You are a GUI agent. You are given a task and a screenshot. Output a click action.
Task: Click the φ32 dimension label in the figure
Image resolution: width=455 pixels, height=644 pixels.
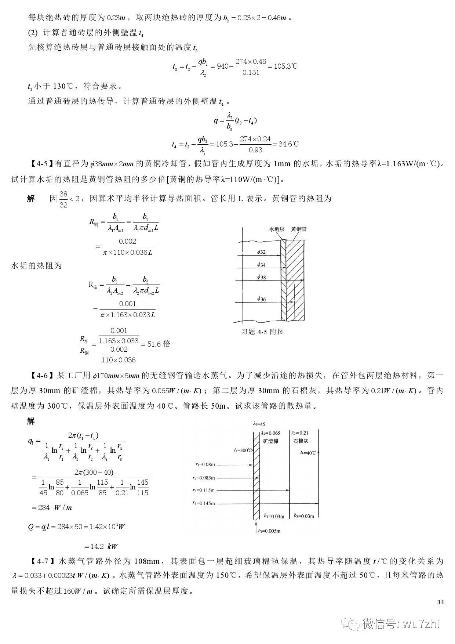(261, 252)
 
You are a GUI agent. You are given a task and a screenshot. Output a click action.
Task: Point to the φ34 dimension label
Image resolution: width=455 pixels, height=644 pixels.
(261, 265)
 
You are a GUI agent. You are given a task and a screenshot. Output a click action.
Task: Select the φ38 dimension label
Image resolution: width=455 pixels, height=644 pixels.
(261, 277)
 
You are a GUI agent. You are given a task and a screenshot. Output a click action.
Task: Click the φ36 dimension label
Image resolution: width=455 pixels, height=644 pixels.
(261, 299)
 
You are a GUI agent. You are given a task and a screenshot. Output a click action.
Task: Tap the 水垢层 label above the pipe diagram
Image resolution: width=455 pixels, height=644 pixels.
(277, 229)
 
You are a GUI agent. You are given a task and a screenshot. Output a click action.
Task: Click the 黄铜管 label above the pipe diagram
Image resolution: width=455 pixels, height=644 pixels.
(299, 229)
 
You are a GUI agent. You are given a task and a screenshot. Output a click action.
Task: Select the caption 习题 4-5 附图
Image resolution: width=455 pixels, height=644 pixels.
(262, 332)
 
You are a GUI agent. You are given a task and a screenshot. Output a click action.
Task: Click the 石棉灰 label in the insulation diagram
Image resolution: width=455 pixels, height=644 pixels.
(301, 441)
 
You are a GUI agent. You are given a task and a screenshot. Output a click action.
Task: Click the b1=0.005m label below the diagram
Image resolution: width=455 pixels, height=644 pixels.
(269, 531)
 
